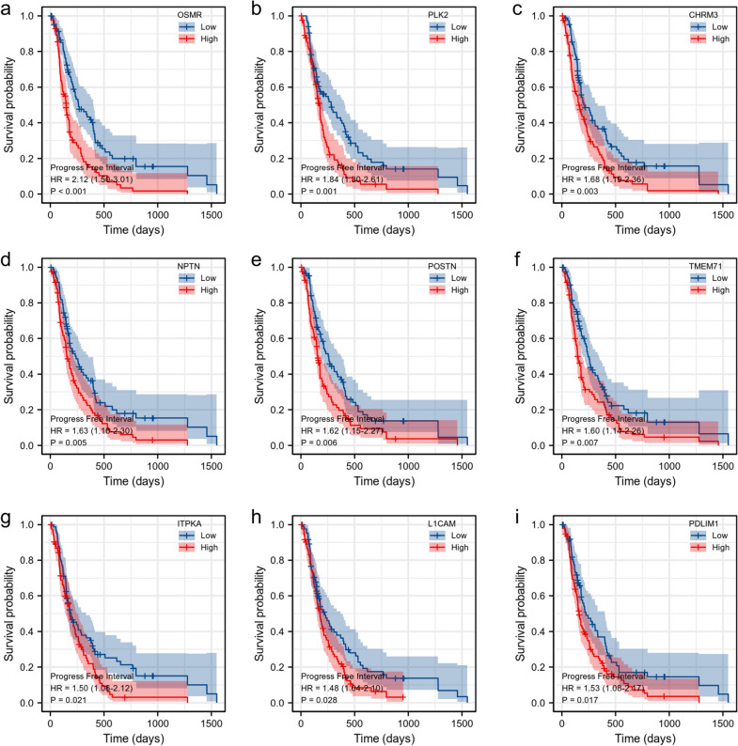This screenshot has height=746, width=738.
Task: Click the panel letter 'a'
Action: pos(7,8)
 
